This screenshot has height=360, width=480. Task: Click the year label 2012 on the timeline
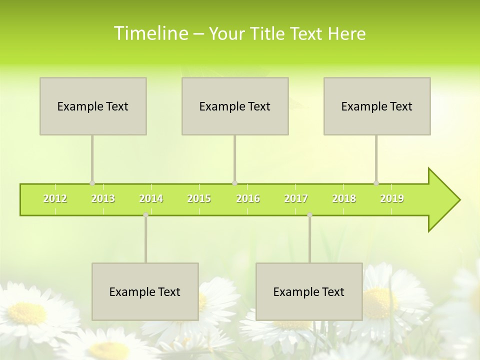(x=55, y=199)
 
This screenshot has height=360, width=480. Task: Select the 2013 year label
(x=103, y=199)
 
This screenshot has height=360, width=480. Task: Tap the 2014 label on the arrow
(x=151, y=199)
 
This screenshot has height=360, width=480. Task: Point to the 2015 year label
(x=199, y=199)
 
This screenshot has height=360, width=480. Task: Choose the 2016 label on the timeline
(x=248, y=199)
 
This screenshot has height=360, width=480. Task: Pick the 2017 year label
(x=296, y=199)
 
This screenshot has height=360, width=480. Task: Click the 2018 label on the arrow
(x=344, y=199)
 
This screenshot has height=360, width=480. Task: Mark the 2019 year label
(x=392, y=199)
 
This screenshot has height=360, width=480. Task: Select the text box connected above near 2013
(x=93, y=106)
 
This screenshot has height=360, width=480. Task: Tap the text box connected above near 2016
(x=235, y=106)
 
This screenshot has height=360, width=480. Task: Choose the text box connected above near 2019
(x=377, y=106)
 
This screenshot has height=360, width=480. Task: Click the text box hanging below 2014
(x=145, y=291)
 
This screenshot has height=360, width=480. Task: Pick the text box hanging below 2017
(x=309, y=291)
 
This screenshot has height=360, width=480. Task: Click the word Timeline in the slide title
(x=150, y=33)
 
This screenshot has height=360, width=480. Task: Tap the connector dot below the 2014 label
(x=145, y=214)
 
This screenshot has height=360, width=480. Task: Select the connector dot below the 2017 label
(x=309, y=214)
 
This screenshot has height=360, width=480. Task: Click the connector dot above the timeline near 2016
(x=234, y=183)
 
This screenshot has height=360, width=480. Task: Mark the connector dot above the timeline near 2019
(x=376, y=183)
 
